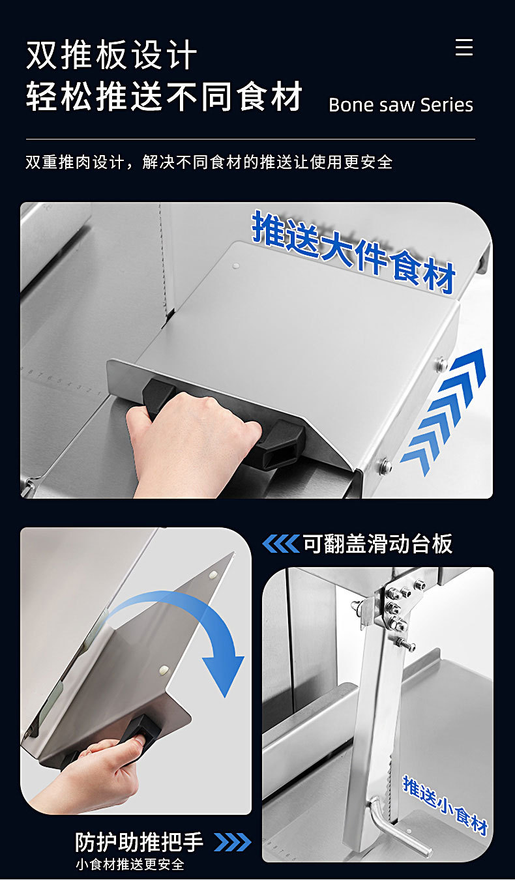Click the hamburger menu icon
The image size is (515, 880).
tap(464, 47)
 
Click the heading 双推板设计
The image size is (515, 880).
tap(111, 55)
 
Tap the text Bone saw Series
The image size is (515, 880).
tap(401, 105)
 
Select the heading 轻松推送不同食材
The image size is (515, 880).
tap(164, 96)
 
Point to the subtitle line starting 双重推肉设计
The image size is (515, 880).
tap(209, 162)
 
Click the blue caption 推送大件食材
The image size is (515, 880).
tap(353, 252)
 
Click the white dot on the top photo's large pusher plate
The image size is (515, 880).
tap(236, 266)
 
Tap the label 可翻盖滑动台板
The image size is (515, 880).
tap(377, 544)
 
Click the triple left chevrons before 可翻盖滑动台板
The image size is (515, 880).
tap(280, 544)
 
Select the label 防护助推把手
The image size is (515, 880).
tap(139, 842)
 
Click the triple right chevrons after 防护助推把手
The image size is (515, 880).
tap(233, 842)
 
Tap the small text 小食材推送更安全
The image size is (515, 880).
tap(130, 864)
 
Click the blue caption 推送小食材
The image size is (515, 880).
tap(445, 805)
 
